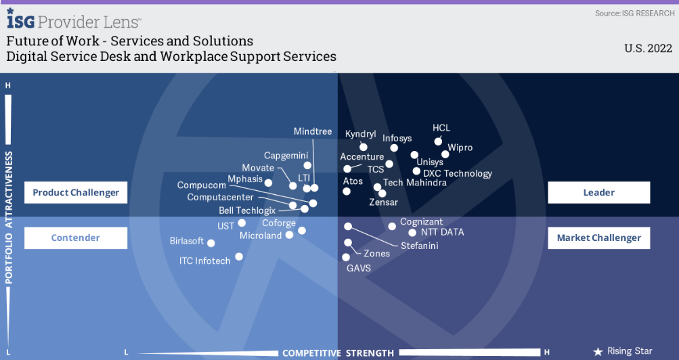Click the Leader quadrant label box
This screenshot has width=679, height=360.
(599, 193)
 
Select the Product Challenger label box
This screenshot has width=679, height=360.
(76, 193)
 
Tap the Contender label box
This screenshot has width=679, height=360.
(76, 238)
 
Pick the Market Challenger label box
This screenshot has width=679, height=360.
(599, 238)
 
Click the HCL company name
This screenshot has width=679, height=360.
(441, 128)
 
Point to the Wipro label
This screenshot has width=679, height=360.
(460, 148)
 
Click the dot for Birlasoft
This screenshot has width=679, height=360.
(211, 243)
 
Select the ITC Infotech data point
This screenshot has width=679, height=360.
(238, 256)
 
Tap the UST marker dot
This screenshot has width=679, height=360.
(242, 223)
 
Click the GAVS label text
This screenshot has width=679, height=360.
(359, 268)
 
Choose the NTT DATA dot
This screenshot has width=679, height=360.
(412, 233)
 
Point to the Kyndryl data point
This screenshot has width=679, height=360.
(364, 147)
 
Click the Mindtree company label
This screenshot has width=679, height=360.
(313, 131)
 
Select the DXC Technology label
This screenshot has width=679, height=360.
(457, 173)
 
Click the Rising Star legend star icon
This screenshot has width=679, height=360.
(598, 352)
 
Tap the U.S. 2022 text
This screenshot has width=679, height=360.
(649, 48)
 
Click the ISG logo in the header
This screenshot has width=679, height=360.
(20, 19)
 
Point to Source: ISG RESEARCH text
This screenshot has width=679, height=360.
(634, 14)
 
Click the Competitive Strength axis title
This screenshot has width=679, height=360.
(338, 353)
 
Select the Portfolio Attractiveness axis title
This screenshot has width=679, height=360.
(9, 218)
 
